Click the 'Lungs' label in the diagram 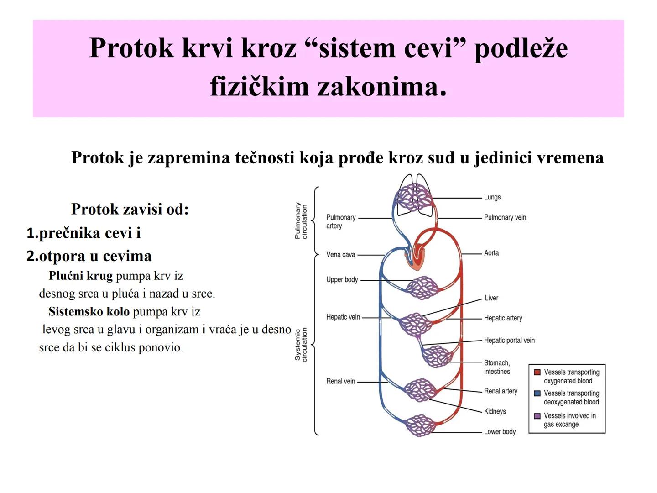coord(492,197)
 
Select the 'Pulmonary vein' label coord(505,217)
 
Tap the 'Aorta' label coord(491,253)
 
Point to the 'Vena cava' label coord(340,255)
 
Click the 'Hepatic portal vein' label coord(509,340)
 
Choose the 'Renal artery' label coord(501,391)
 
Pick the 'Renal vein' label coord(340,381)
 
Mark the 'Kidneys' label coord(495,411)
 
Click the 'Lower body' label coord(500,431)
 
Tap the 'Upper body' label coord(342,279)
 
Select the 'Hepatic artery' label coord(503,318)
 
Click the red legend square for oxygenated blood coord(537,372)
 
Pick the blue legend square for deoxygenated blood coord(537,393)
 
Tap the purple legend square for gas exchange coord(537,416)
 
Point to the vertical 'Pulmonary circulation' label coord(301,221)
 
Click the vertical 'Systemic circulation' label coord(301,345)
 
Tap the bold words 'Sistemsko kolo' coord(89,312)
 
